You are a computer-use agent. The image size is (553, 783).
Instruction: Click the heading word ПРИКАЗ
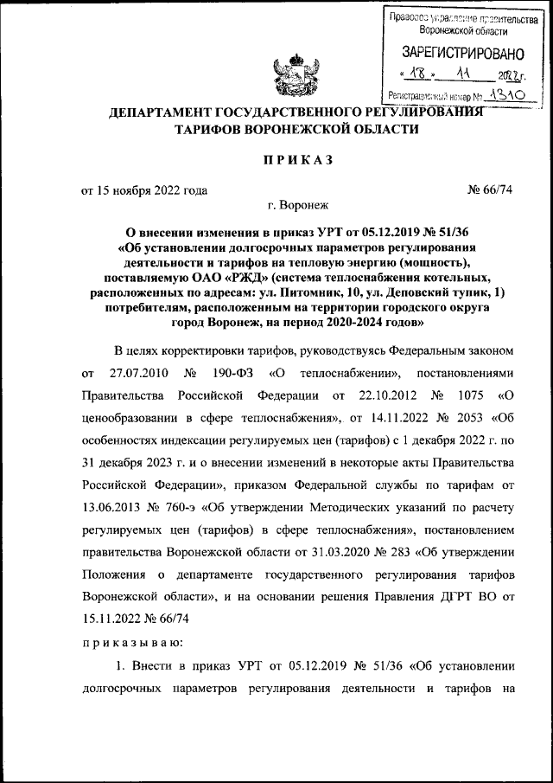pyautogui.click(x=296, y=160)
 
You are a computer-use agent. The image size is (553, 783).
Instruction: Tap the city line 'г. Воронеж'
pyautogui.click(x=296, y=206)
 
